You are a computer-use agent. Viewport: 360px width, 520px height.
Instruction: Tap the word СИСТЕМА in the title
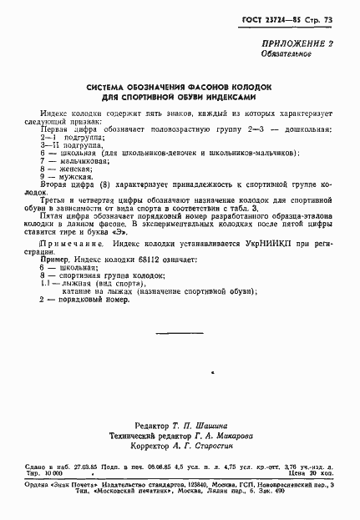click(110, 87)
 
